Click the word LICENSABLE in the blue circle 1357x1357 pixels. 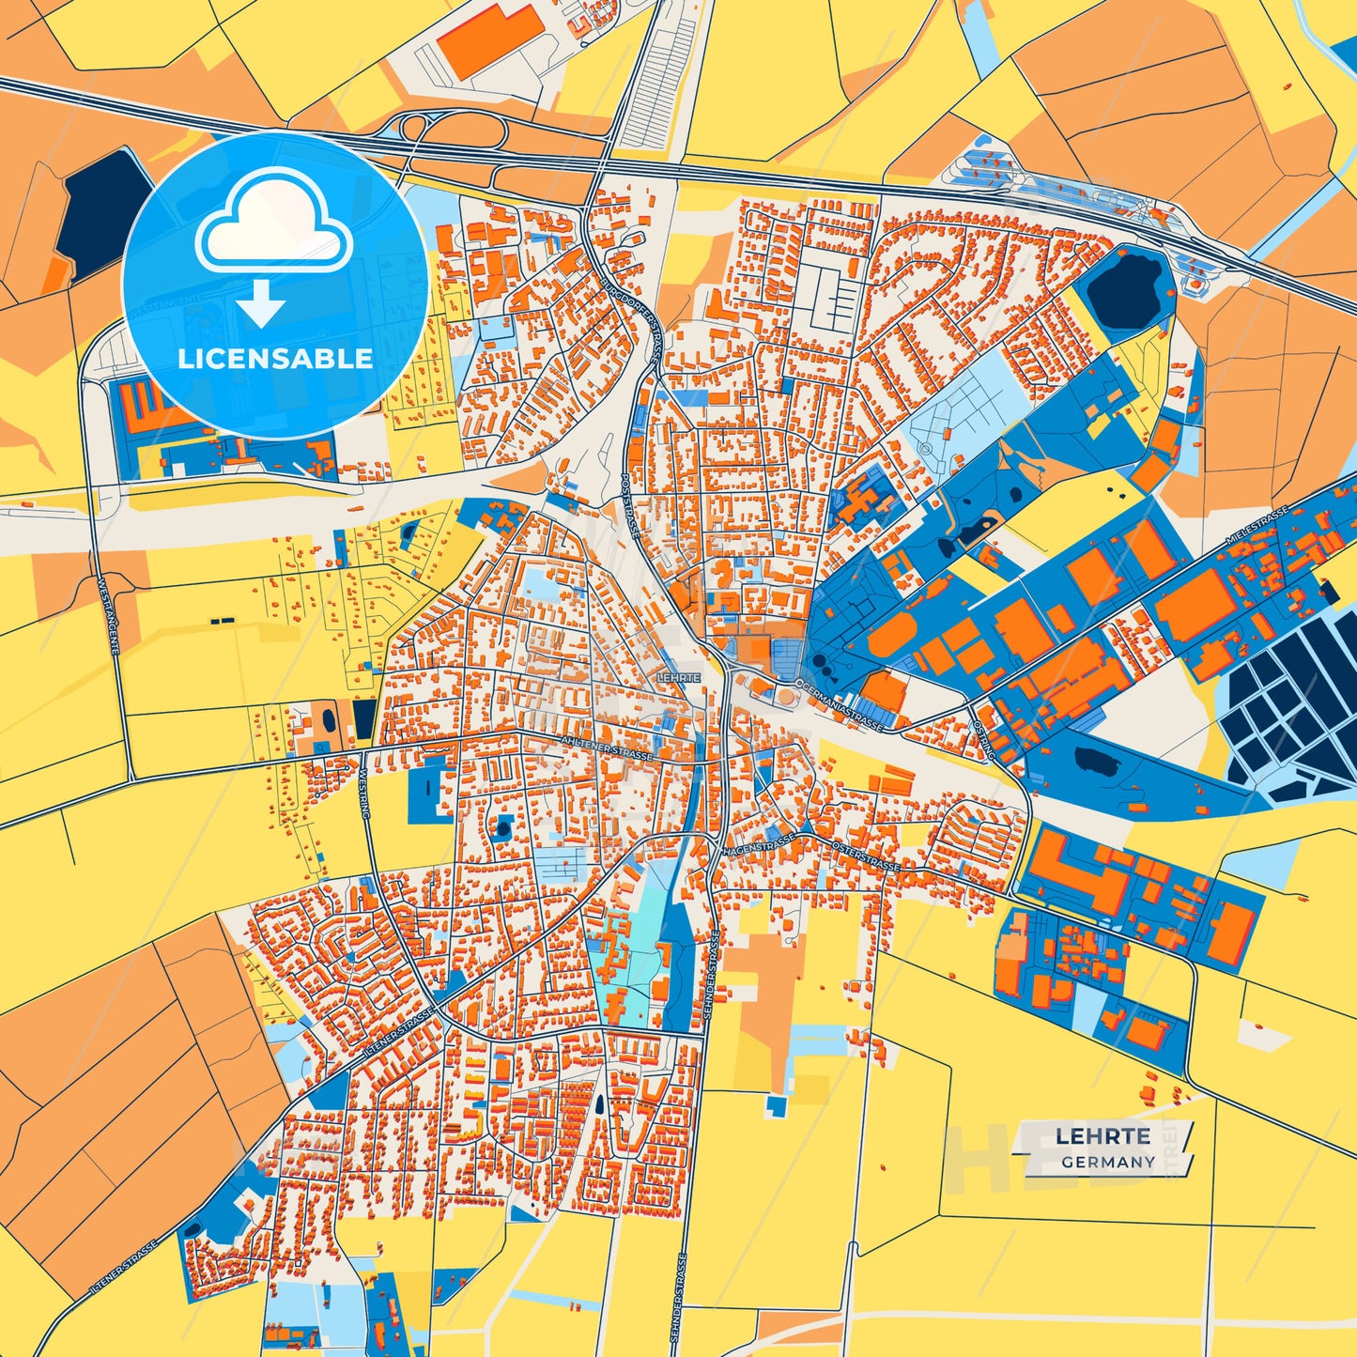pyautogui.click(x=275, y=359)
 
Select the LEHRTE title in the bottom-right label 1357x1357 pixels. pyautogui.click(x=1103, y=1136)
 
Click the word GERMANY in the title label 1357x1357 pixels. pyautogui.click(x=1108, y=1162)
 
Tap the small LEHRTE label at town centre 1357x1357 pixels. pyautogui.click(x=679, y=677)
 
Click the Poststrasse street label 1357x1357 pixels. pyautogui.click(x=630, y=504)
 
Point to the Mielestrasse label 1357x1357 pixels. pyautogui.click(x=1259, y=526)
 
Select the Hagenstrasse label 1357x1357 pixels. pyautogui.click(x=759, y=841)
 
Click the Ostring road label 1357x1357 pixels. pyautogui.click(x=984, y=740)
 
